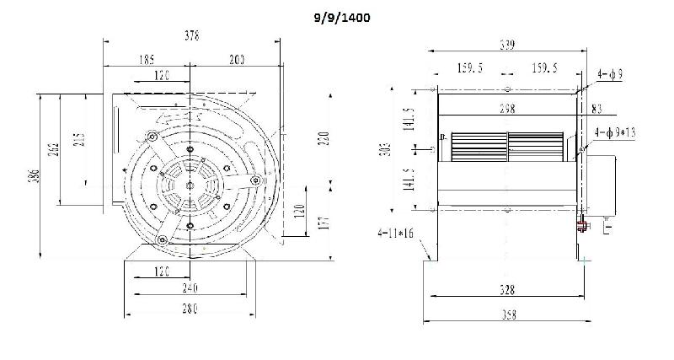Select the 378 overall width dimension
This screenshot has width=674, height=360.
point(193,35)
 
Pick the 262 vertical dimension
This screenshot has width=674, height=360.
point(53,150)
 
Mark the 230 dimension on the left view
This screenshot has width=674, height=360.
point(324,137)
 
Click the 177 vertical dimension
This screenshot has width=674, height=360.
point(324,223)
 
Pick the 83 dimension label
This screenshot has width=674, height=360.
point(596,108)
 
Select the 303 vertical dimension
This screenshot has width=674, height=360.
point(384,150)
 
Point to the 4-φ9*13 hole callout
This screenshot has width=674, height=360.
point(614,132)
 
